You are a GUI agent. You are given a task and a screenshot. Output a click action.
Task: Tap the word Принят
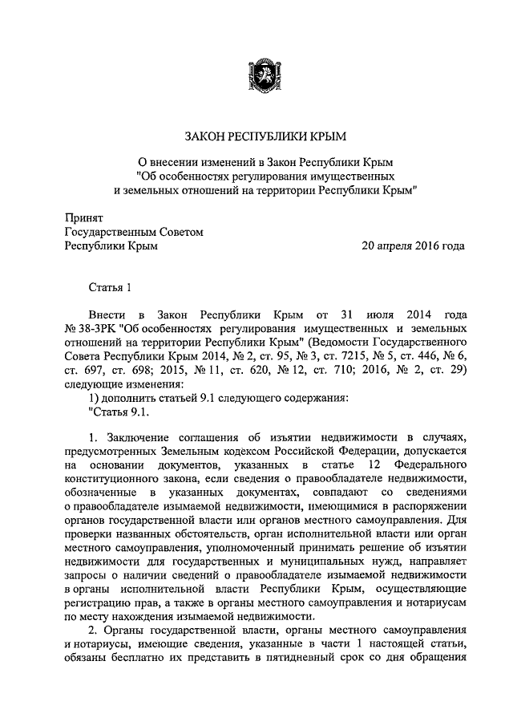pos(83,216)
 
